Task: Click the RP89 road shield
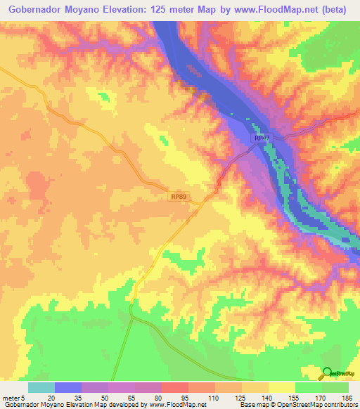[179, 197]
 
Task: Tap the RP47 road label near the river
[262, 139]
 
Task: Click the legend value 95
[184, 398]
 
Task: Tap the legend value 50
[105, 398]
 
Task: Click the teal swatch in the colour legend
[41, 387]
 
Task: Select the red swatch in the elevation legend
[175, 387]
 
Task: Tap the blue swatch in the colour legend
[68, 387]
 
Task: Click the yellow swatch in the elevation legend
[282, 387]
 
